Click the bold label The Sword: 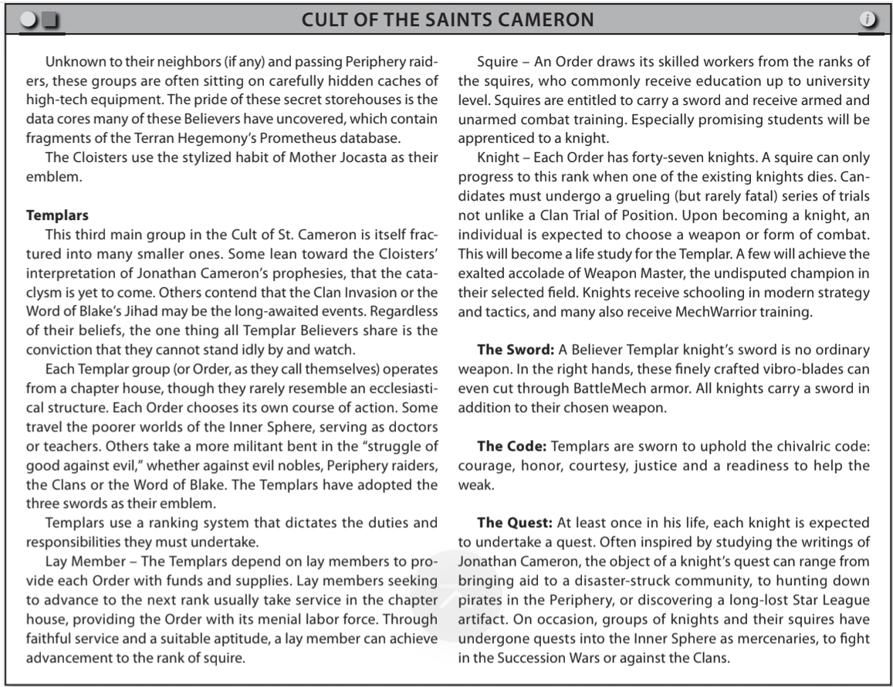coord(513,350)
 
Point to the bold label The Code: coord(511,445)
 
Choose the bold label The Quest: coord(514,523)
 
